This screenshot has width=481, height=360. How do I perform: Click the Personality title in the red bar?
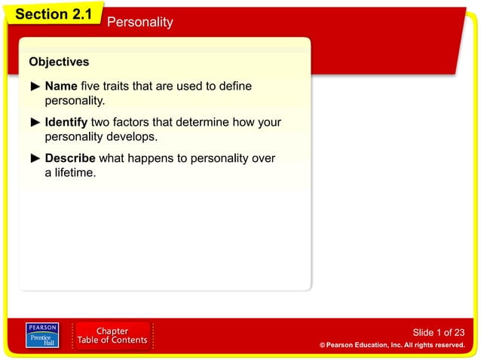139,22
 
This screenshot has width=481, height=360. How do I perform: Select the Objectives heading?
59,62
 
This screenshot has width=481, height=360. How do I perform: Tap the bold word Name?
61,87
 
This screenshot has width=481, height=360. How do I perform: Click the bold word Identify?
66,122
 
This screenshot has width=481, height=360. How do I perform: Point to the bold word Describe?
70,158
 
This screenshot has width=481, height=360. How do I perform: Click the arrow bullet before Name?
35,87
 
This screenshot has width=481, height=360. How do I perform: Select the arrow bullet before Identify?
35,122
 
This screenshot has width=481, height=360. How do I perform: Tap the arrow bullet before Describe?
35,158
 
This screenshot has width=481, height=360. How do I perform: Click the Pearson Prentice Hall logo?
42,335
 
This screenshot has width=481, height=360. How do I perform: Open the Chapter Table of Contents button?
112,336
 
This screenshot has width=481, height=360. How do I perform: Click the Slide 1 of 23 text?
439,332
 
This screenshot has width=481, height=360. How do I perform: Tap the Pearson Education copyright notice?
392,345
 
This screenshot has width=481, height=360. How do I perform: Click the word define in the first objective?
234,87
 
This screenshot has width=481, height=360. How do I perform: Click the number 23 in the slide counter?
458,332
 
